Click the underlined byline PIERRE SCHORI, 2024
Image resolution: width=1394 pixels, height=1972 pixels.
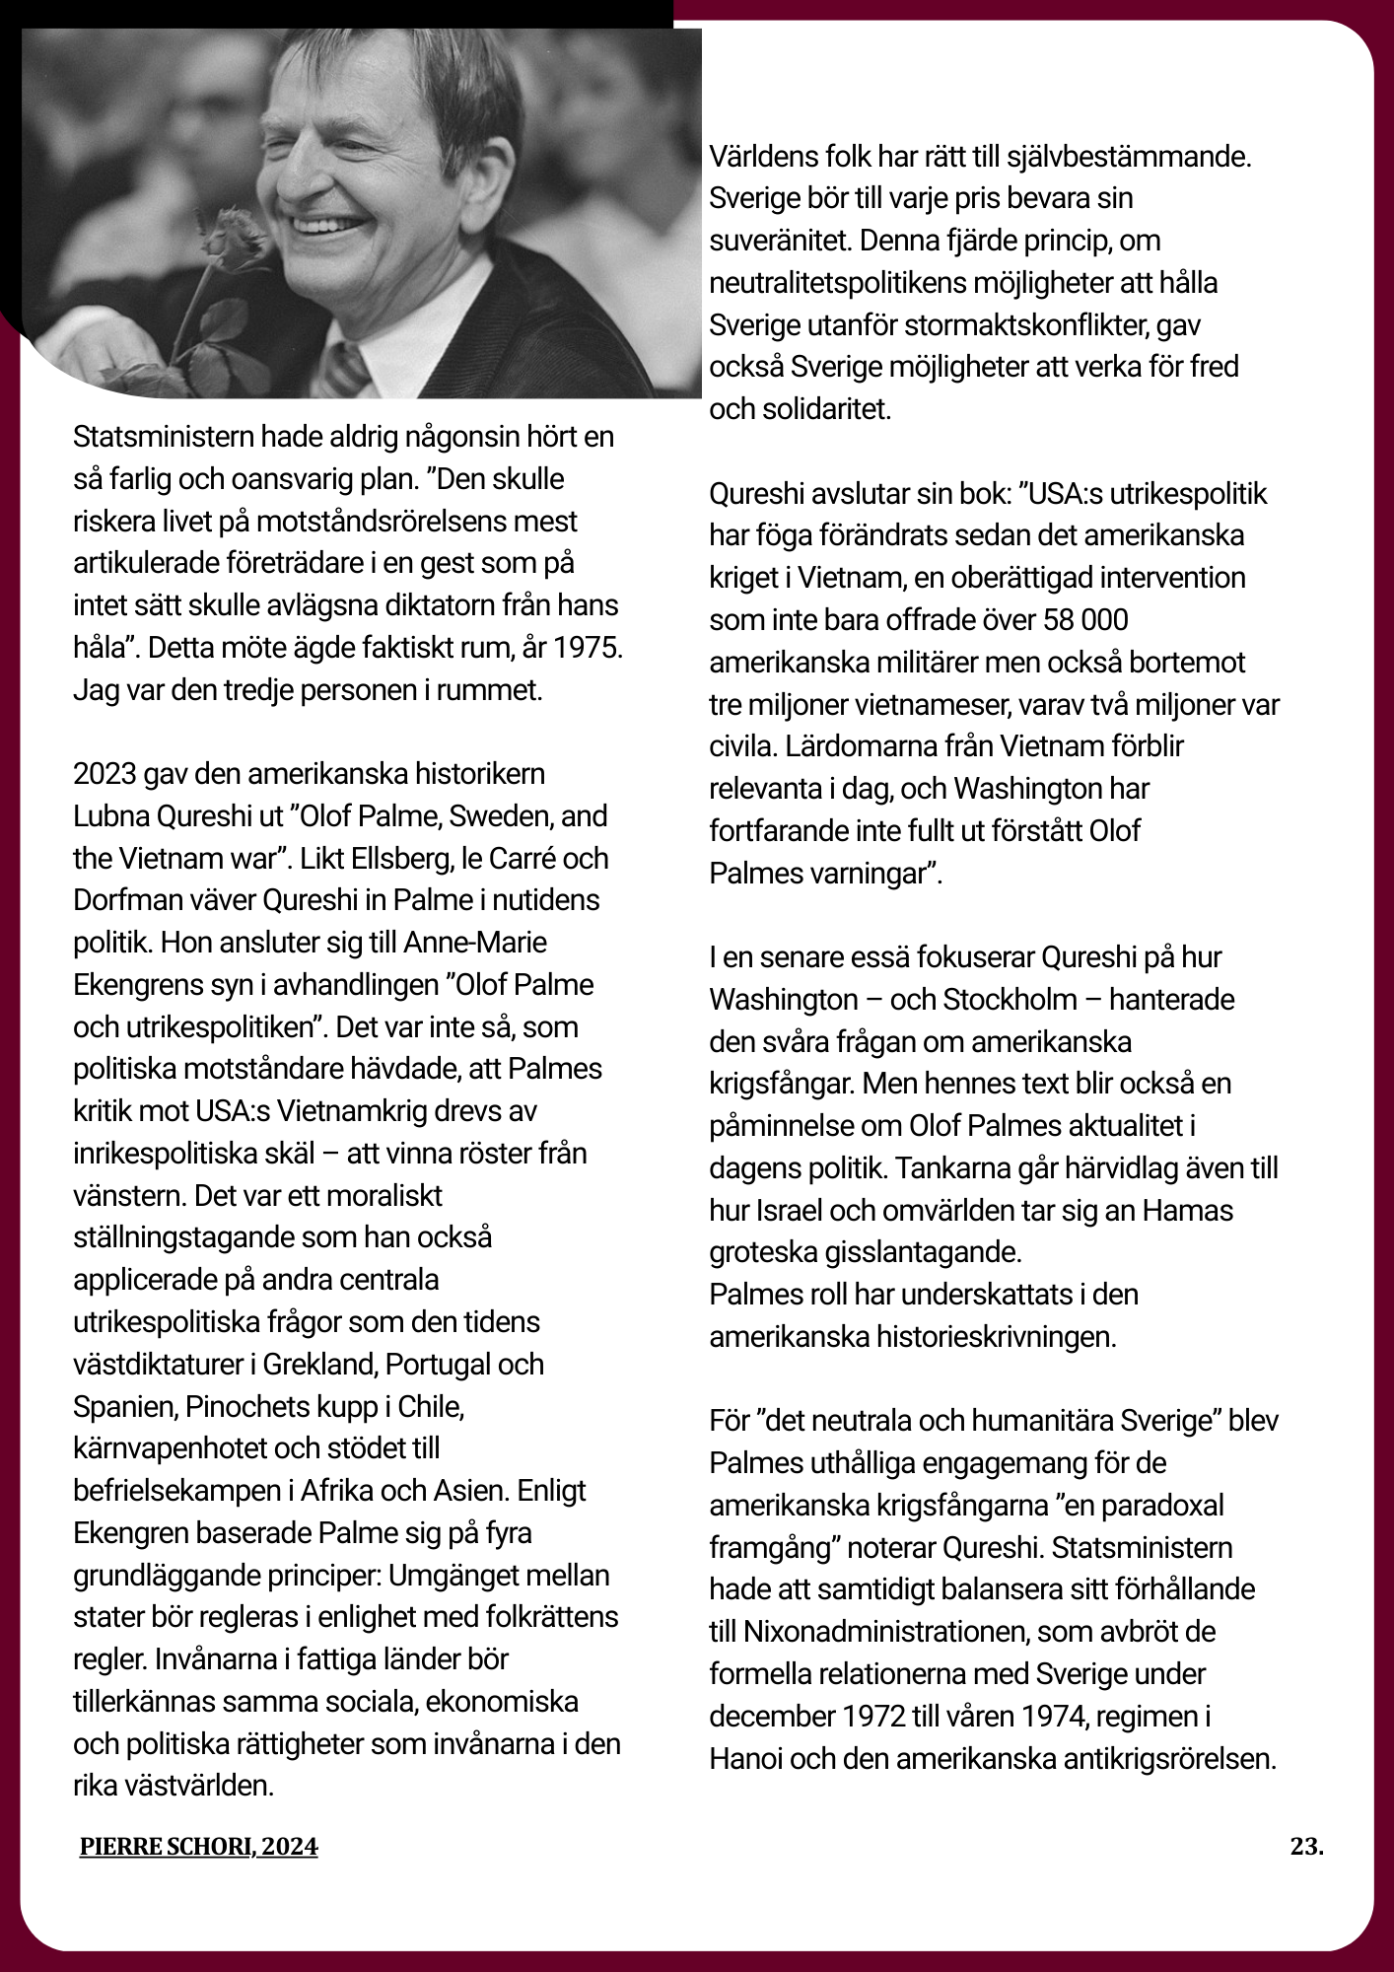point(199,1847)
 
